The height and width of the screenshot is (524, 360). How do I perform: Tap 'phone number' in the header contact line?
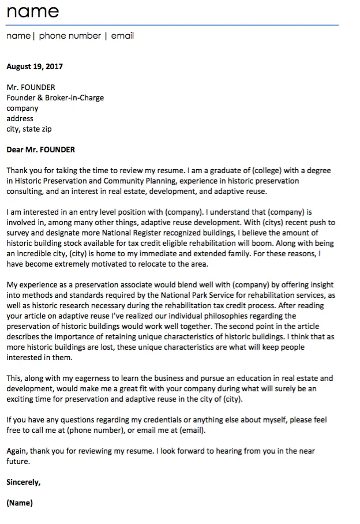[70, 36]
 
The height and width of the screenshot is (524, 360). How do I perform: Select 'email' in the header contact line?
[122, 36]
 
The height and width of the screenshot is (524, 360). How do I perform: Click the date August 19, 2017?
[35, 66]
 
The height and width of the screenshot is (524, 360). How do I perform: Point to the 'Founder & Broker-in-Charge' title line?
[55, 98]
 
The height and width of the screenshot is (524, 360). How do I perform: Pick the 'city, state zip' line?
[29, 129]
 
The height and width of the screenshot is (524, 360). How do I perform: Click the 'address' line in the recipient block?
[20, 118]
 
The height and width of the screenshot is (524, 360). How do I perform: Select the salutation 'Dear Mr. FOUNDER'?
[40, 149]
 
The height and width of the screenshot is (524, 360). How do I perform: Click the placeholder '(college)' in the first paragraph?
[266, 171]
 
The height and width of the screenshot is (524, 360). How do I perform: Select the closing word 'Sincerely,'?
[23, 482]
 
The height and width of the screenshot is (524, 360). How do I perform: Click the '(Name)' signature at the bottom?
[20, 503]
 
